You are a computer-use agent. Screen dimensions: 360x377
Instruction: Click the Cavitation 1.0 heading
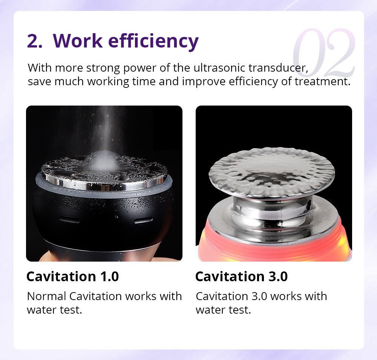[72, 276]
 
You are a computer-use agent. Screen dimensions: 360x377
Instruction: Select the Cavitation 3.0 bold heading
[241, 276]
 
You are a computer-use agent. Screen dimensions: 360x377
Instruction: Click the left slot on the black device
[70, 220]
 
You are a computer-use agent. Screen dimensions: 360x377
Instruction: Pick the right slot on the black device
[144, 220]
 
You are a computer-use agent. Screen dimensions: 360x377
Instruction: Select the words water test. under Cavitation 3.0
[223, 310]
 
